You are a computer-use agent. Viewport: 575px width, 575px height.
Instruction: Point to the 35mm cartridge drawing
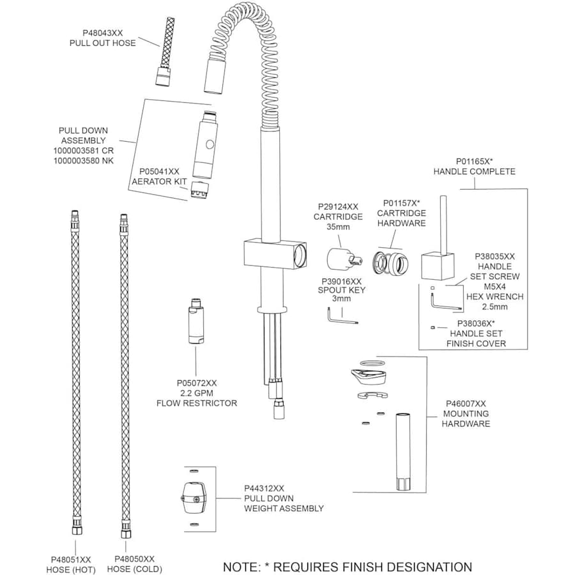pos(341,261)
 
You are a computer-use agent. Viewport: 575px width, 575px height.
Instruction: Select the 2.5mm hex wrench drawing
pos(446,306)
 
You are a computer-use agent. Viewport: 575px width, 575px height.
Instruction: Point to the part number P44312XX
pos(264,487)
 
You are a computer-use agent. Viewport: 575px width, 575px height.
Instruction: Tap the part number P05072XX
pos(197,383)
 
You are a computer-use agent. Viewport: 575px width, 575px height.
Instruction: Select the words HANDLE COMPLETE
pos(474,172)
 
